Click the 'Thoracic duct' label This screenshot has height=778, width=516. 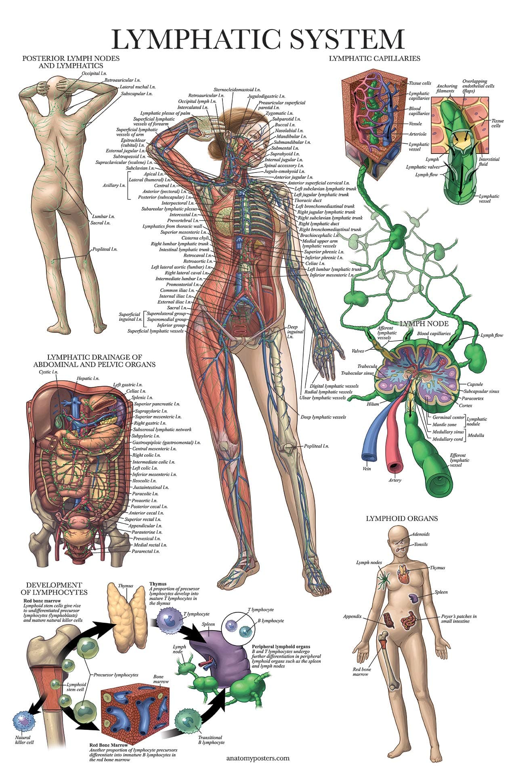(308, 200)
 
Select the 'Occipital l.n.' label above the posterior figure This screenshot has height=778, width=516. (94, 74)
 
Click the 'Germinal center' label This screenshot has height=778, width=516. (448, 417)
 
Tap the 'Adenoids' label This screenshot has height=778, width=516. (421, 534)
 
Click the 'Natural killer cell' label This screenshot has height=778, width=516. (25, 740)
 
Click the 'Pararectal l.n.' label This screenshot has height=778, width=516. (146, 551)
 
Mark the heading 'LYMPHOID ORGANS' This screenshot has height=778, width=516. (402, 518)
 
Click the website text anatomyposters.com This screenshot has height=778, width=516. (258, 758)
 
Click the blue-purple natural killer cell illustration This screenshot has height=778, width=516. (24, 721)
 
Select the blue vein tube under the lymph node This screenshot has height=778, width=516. (369, 444)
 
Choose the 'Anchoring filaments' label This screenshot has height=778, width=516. (447, 88)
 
